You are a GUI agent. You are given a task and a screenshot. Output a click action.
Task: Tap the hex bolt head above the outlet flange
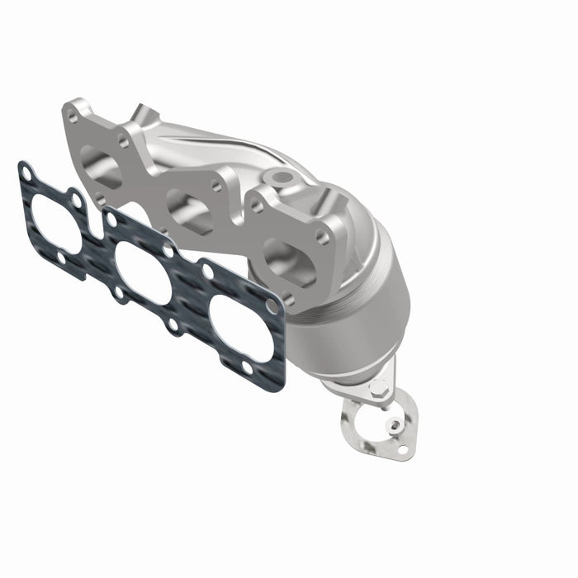coord(377,387)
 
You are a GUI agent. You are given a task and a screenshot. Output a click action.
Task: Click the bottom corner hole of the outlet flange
coord(402,451)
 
